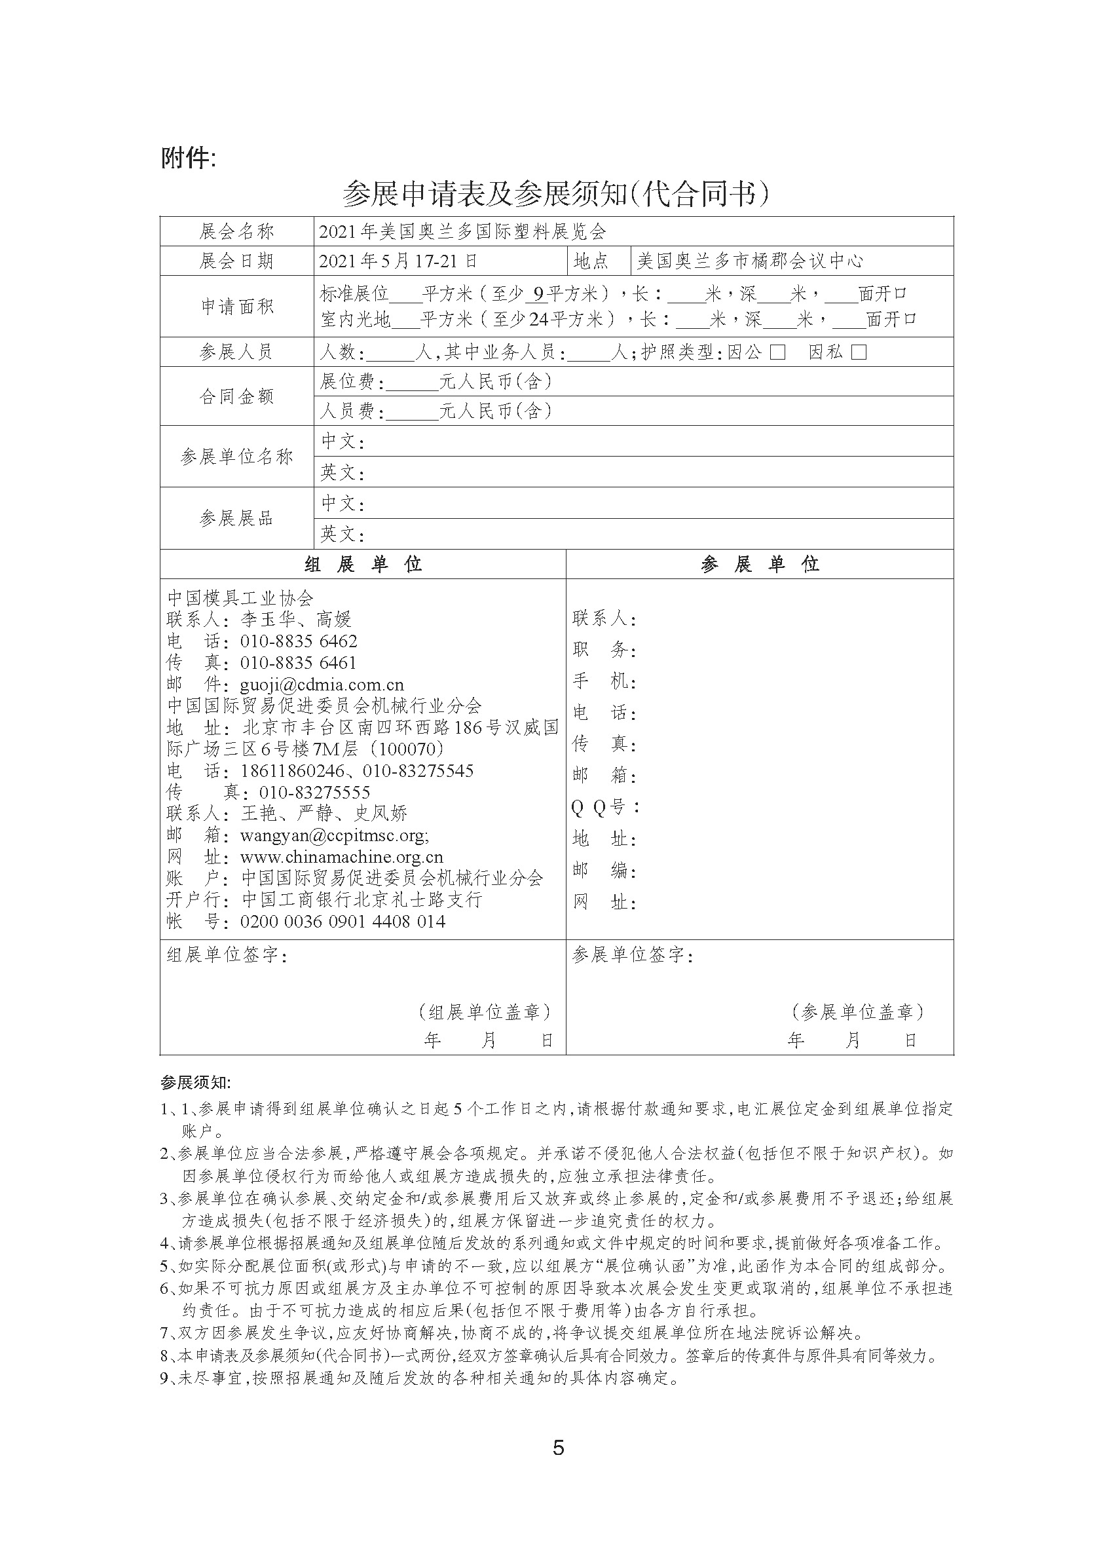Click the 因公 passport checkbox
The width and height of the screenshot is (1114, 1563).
coord(777,352)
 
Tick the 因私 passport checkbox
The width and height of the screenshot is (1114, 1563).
coord(858,352)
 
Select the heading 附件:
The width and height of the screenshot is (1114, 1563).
coord(189,159)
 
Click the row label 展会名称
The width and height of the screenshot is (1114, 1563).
coord(236,232)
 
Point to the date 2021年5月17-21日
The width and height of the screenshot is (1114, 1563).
coord(399,261)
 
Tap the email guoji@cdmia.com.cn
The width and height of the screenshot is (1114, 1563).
coord(322,685)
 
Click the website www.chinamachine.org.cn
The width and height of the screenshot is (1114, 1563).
coord(342,857)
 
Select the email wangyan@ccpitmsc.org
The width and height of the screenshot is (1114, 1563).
coord(334,836)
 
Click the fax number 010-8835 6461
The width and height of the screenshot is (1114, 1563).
coord(299,663)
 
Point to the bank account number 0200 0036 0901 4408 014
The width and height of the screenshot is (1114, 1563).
coord(343,922)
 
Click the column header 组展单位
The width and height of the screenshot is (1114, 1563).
coord(363,565)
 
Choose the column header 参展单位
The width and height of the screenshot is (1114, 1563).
coord(760,565)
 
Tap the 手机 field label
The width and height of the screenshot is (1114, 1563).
coord(604,681)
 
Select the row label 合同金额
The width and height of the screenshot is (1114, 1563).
coord(236,396)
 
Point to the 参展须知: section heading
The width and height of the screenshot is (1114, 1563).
coord(196,1083)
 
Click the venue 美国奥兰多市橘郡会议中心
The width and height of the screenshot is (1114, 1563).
coord(750,261)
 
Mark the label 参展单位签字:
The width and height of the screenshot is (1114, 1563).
coord(633,955)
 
